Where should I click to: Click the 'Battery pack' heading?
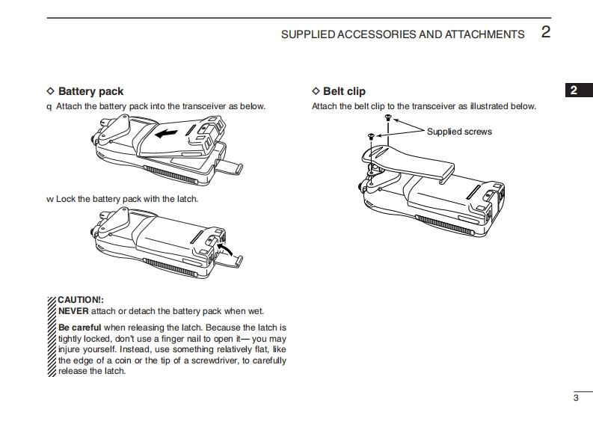90,91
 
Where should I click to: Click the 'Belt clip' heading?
344,91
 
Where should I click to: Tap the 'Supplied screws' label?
459,132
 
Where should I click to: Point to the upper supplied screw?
387,118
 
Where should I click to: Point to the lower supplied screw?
371,135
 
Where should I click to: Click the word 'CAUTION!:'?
81,300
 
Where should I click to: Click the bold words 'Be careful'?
79,328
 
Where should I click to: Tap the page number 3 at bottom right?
576,397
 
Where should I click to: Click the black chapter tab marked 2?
574,90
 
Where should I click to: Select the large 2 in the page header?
545,32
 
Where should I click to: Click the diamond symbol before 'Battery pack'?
50,91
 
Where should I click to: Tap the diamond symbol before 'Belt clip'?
315,91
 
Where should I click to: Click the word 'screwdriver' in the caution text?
225,360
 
